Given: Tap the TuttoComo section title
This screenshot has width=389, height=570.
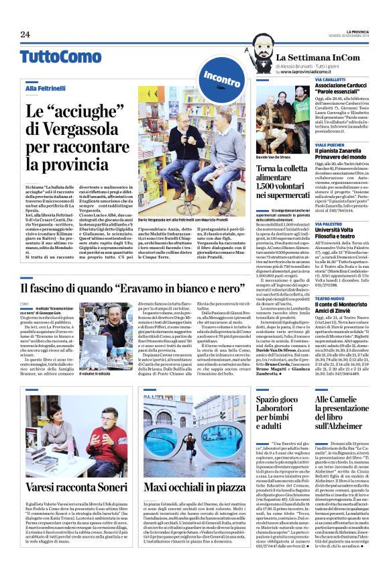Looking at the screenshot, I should point(51,56).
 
